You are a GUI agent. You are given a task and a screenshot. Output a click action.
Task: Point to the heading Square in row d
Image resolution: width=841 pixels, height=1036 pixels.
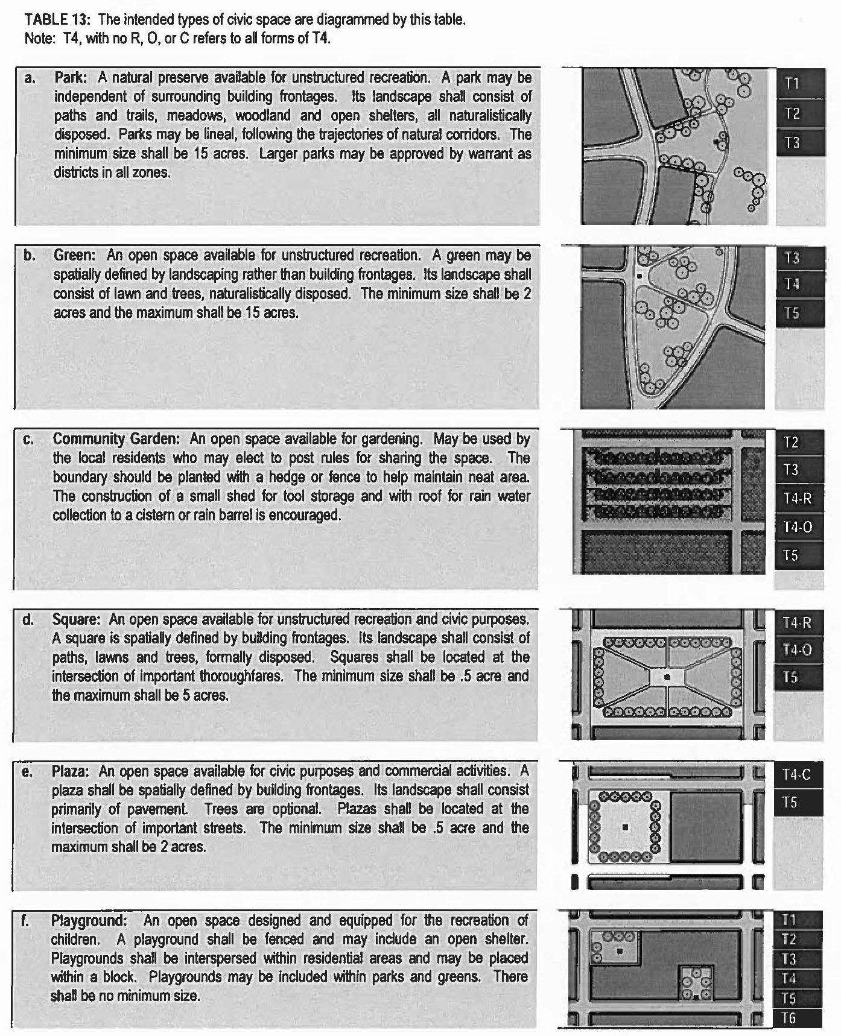75,619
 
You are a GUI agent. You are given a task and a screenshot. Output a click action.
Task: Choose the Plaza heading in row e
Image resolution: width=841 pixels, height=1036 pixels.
70,771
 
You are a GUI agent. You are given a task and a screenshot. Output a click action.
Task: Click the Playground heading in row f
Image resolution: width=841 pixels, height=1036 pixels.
89,921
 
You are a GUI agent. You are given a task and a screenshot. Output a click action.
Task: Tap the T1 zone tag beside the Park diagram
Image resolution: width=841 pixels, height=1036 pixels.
792,83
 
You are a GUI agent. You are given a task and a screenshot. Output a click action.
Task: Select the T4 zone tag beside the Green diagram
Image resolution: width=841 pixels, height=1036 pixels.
792,283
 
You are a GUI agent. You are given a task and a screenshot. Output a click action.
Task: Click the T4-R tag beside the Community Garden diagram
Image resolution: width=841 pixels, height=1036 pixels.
798,498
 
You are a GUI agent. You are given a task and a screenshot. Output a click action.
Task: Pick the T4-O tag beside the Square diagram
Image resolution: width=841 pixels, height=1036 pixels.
798,650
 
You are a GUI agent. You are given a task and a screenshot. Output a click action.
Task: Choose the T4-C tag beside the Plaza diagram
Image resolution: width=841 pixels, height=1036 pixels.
797,775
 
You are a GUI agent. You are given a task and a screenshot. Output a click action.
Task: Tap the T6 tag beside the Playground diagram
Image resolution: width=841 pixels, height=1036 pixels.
789,1019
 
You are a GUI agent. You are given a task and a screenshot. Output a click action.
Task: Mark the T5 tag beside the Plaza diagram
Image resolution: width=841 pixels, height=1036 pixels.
790,803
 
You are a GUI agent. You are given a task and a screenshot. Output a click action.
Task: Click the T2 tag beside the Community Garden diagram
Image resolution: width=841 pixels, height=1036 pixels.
791,443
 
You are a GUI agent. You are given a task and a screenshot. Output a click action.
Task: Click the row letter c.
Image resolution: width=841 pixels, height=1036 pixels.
28,440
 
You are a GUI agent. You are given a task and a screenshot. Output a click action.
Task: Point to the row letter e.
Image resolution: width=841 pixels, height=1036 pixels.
27,772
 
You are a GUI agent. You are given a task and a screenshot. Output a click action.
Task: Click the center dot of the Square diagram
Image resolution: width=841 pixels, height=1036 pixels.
667,677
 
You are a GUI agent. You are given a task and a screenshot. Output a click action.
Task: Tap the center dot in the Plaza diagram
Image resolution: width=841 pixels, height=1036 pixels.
626,827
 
